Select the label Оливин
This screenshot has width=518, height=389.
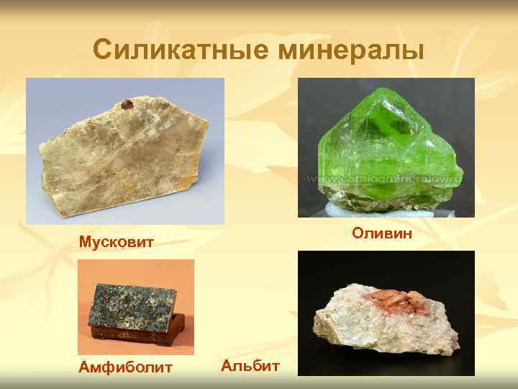379,233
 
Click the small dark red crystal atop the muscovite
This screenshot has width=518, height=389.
127,105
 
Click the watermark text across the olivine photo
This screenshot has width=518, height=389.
385,177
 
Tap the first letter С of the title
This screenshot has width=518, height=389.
101,50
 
